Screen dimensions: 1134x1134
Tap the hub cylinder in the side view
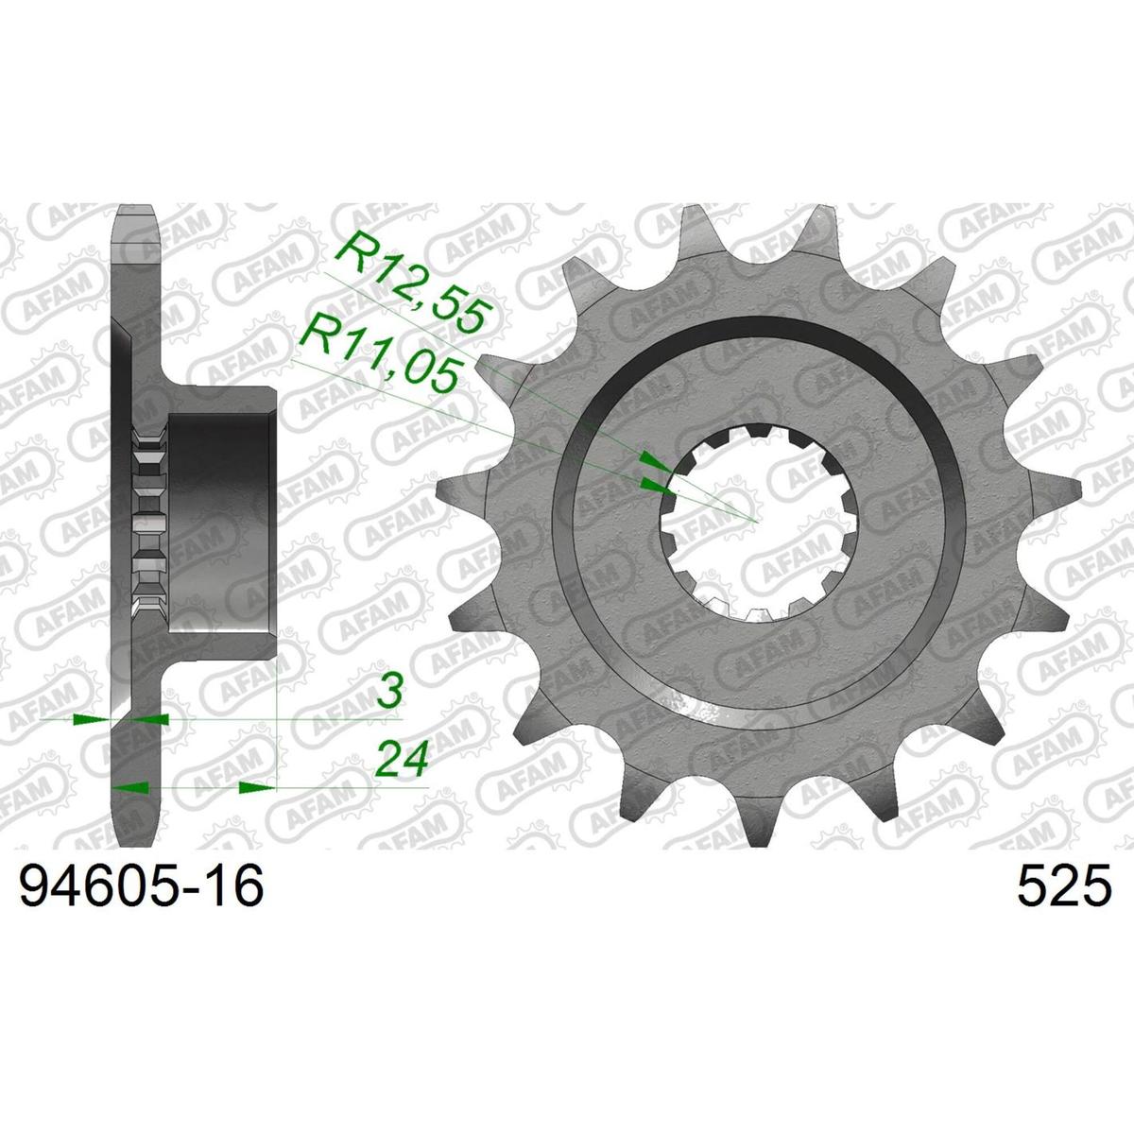(222, 522)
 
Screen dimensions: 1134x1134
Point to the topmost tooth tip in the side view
(136, 206)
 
